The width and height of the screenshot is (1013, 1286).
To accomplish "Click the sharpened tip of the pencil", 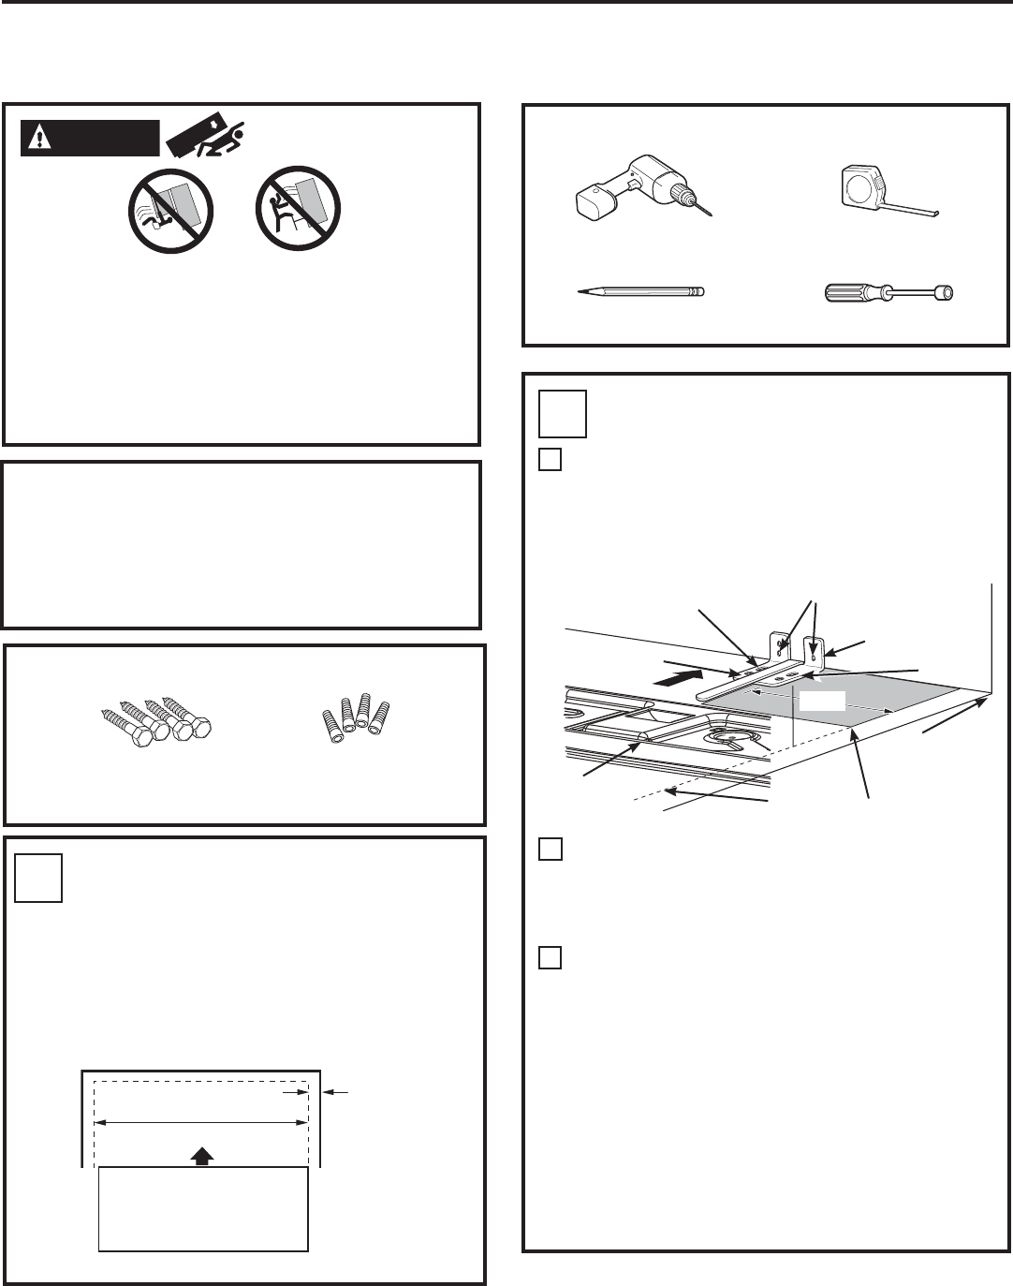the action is tap(578, 292).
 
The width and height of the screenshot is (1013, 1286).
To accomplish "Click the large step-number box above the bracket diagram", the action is tap(564, 414).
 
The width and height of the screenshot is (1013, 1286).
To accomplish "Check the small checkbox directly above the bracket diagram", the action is tap(551, 461).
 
